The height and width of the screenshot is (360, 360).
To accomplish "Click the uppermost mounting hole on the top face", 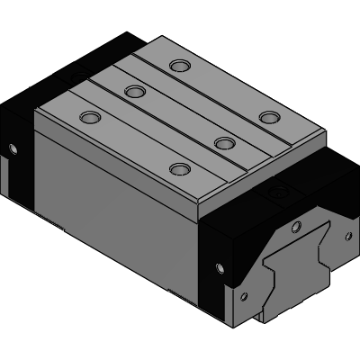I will [x=181, y=65].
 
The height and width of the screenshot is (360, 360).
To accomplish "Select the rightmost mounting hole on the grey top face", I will [x=268, y=117].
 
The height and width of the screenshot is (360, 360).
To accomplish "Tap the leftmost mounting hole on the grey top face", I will [x=90, y=117].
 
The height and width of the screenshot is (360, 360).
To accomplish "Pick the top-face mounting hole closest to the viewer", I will [x=181, y=168].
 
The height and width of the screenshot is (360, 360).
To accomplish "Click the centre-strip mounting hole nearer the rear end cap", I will [x=136, y=91].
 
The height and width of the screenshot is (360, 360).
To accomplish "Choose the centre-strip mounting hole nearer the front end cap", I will [x=224, y=142].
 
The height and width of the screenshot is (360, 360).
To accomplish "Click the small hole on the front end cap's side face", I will [x=220, y=265].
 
